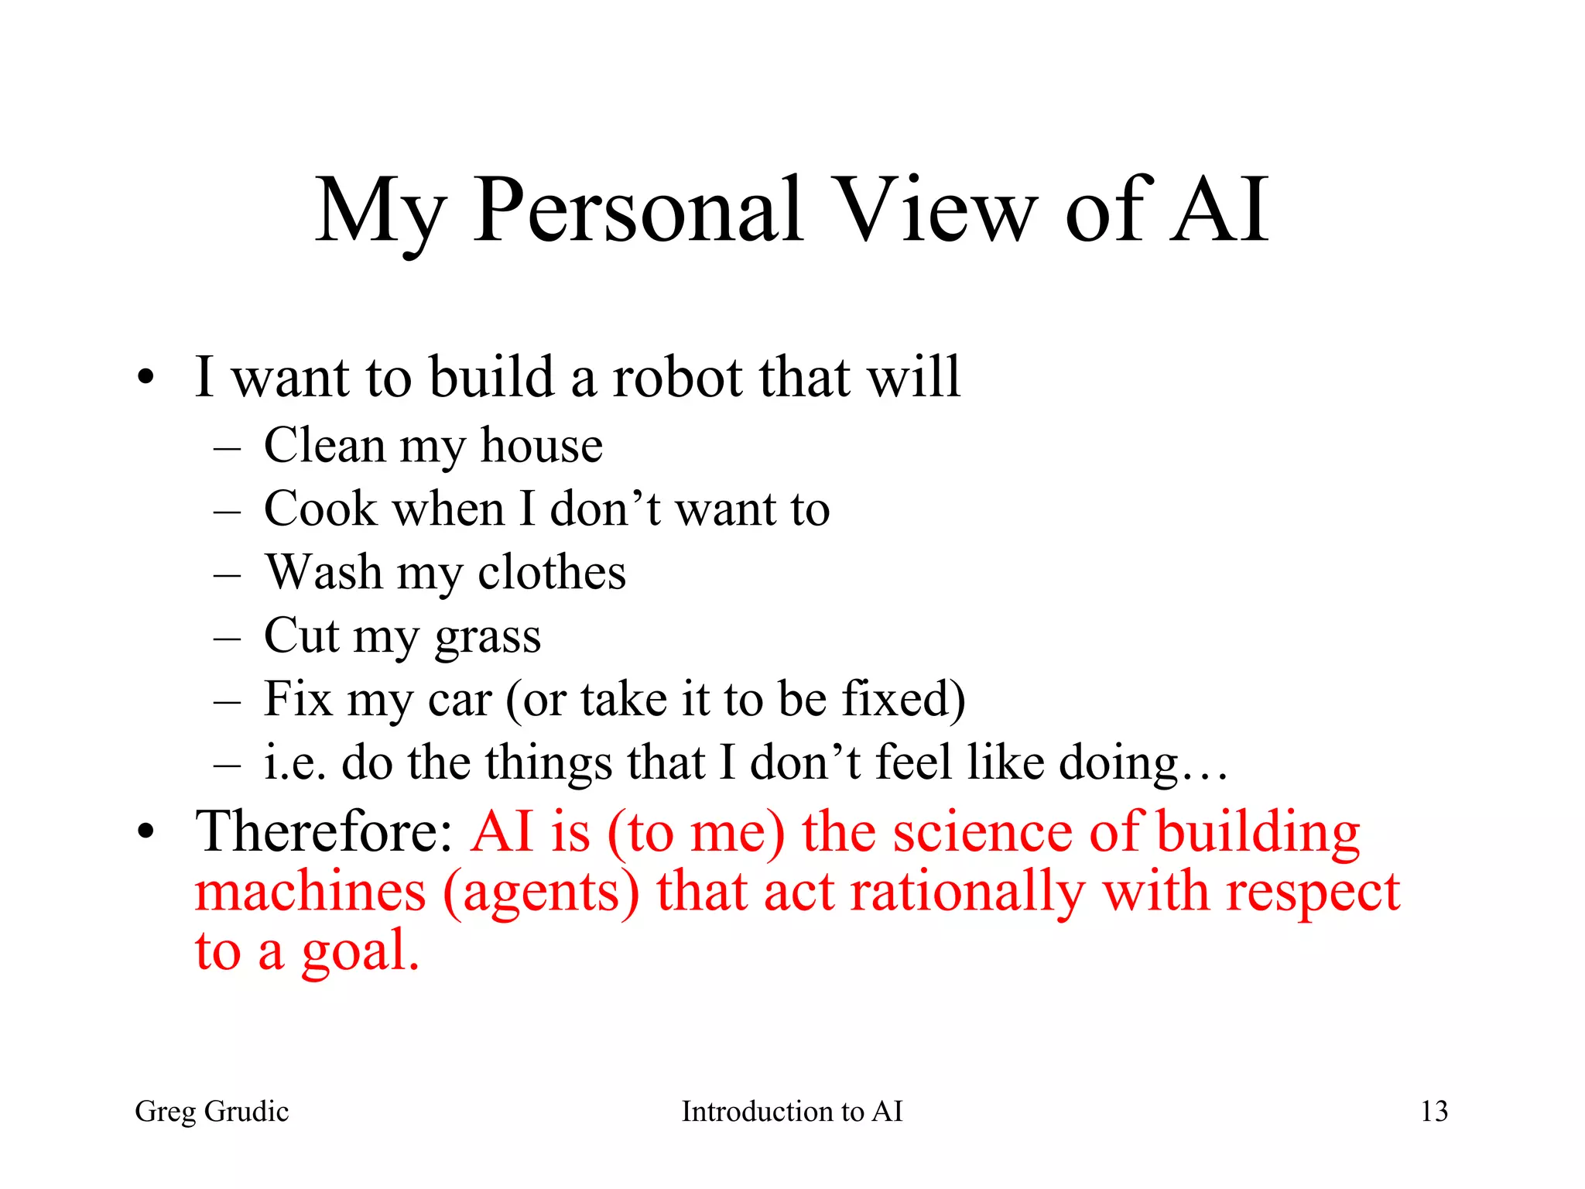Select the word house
(541, 447)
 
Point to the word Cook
(320, 509)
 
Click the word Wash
(324, 573)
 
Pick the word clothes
(551, 573)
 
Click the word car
(460, 700)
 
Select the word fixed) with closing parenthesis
(903, 700)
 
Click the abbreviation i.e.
(294, 763)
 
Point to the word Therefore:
(324, 832)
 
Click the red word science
(983, 832)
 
